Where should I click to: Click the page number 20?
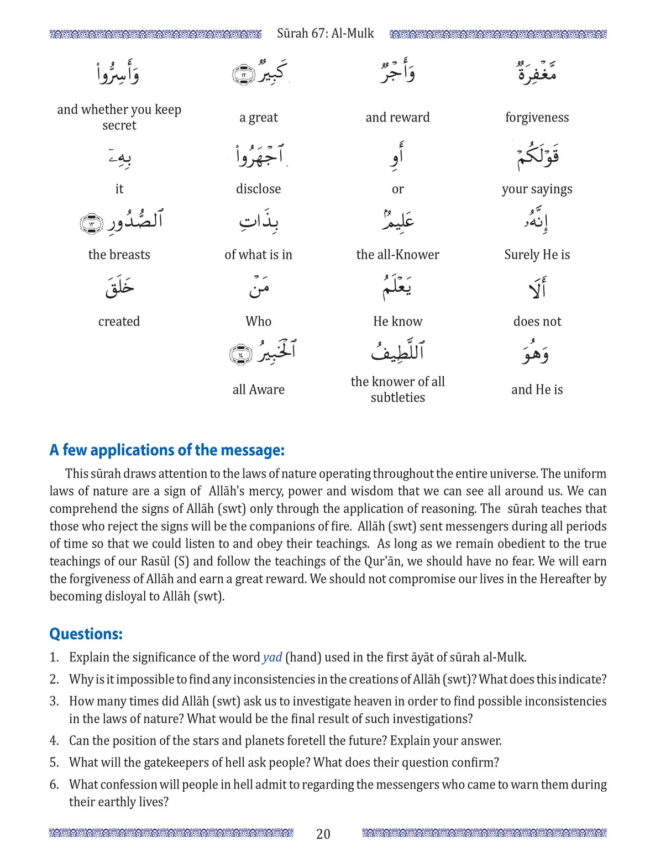pyautogui.click(x=323, y=834)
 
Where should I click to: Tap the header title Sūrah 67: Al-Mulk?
pyautogui.click(x=325, y=34)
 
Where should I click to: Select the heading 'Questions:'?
pyautogui.click(x=86, y=634)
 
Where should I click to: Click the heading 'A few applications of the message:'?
pyautogui.click(x=167, y=450)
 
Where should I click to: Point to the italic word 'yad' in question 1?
pyautogui.click(x=272, y=657)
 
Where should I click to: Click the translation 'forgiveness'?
pyautogui.click(x=537, y=117)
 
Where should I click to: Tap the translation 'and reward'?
pyautogui.click(x=397, y=117)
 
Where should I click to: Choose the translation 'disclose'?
pyautogui.click(x=258, y=189)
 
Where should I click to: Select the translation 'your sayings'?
pyautogui.click(x=537, y=189)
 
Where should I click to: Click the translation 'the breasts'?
pyautogui.click(x=119, y=255)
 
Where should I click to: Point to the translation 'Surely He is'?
pyautogui.click(x=537, y=255)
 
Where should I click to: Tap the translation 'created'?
pyautogui.click(x=119, y=322)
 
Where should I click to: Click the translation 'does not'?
pyautogui.click(x=537, y=322)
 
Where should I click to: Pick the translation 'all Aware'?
pyautogui.click(x=258, y=390)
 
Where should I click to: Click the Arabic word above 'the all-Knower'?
pyautogui.click(x=397, y=220)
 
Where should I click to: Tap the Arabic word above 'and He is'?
pyautogui.click(x=535, y=353)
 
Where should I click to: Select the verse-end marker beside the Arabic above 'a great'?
pyautogui.click(x=243, y=75)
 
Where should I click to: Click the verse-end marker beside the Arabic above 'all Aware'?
pyautogui.click(x=240, y=354)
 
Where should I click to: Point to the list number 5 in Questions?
pyautogui.click(x=54, y=762)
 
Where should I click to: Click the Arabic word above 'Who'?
pyautogui.click(x=258, y=287)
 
